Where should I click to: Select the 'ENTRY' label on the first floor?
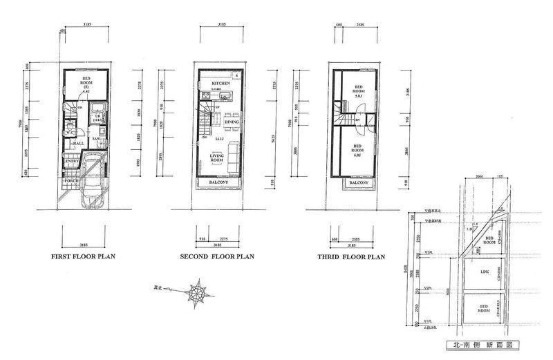[73, 161]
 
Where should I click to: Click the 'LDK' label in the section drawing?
[485, 273]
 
